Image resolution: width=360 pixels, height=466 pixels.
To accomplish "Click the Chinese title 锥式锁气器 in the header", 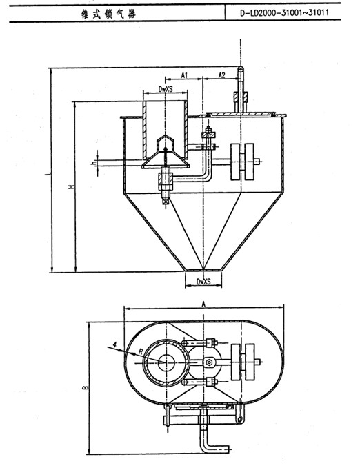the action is pos(109,14).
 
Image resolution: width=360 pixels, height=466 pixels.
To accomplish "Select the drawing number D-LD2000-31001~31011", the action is pos(284,13).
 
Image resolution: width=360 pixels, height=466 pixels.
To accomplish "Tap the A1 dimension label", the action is pos(184,75).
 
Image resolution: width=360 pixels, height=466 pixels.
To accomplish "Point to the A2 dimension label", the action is pos(221,75).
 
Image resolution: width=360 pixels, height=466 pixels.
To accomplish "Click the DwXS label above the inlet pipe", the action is pos(166,89).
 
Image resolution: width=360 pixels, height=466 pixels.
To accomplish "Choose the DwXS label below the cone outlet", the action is pos(203,282).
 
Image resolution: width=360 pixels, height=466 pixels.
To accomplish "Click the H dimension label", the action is pos(71,187).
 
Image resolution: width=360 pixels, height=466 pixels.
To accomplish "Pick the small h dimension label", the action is pos(93,162).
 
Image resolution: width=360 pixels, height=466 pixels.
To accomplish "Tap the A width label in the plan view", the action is pos(203,304).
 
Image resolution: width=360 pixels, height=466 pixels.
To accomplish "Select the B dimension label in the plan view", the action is pos(86,387).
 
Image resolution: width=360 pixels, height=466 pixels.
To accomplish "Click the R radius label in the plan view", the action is pos(141,351).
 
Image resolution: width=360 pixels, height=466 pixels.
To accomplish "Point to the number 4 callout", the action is pos(115,344).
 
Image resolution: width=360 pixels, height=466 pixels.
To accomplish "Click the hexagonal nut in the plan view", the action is pos(209,362).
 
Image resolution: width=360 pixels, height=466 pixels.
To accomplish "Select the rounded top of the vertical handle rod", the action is pos(241,69).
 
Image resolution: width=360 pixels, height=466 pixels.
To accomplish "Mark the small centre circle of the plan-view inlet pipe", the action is pos(166,362).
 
